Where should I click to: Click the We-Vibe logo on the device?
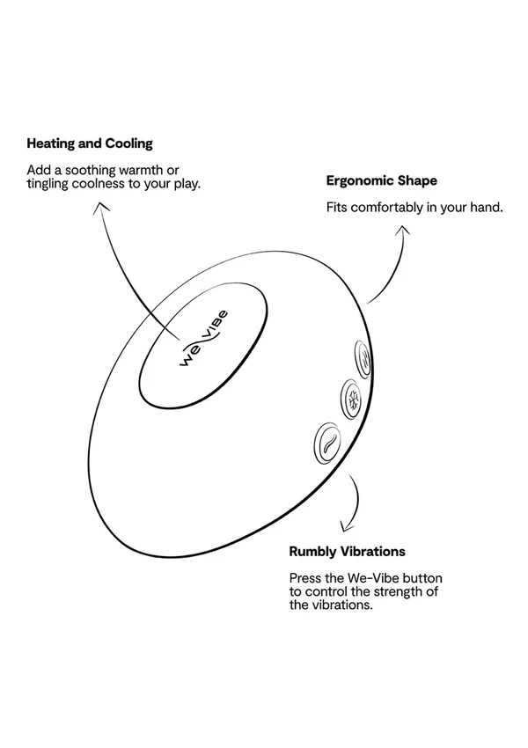coord(203,339)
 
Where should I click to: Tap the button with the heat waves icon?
coord(363,360)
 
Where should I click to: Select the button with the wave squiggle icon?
coord(328,444)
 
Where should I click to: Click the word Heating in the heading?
coord(50,143)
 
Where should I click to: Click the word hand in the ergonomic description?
coord(487,208)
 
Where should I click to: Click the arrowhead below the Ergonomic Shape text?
coord(403,230)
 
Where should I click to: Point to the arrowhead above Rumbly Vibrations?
coord(346,526)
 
